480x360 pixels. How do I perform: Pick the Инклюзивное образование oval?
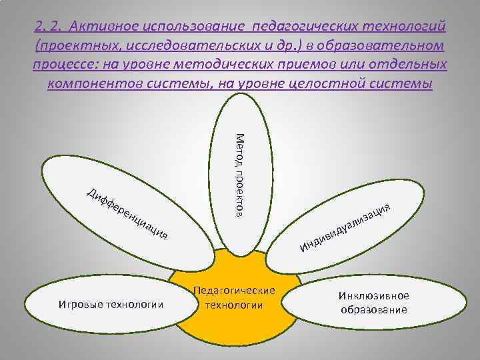tap(373, 303)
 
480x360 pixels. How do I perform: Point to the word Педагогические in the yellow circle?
tap(234, 292)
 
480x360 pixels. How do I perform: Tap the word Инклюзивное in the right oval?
tap(373, 296)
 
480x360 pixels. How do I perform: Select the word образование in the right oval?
tap(373, 310)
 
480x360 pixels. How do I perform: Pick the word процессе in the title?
tap(67, 65)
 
